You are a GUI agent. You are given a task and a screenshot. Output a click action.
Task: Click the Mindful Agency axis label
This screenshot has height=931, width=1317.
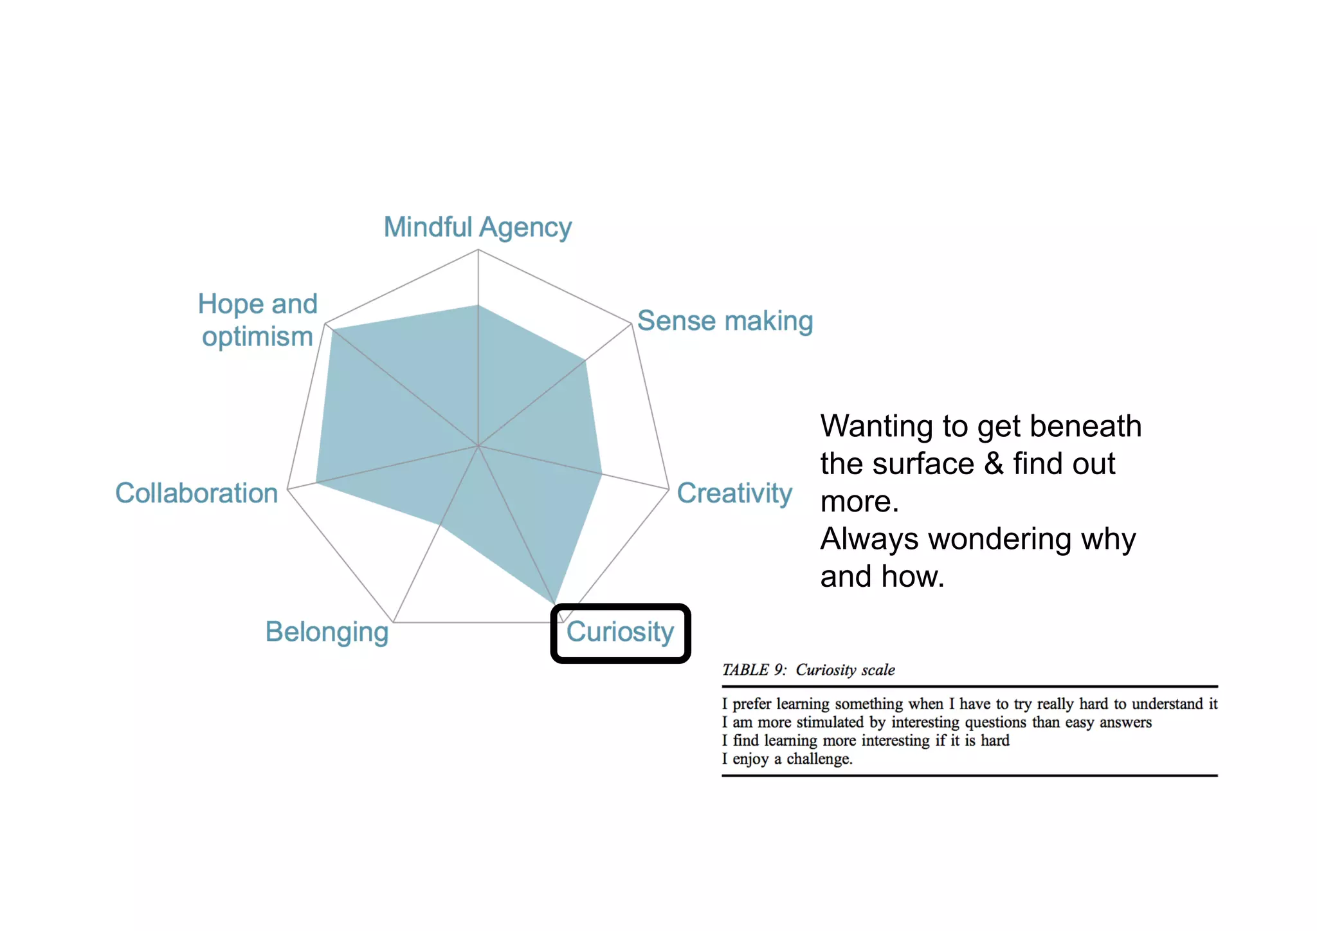[x=477, y=227]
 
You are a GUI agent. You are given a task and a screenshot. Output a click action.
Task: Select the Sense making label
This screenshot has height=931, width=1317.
[x=725, y=320]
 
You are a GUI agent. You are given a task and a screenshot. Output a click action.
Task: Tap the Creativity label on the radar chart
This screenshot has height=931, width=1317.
[x=734, y=493]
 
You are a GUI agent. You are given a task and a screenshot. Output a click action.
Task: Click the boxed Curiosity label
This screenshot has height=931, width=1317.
[x=620, y=632]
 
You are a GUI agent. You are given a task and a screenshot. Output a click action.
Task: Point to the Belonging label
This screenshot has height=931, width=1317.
[x=327, y=632]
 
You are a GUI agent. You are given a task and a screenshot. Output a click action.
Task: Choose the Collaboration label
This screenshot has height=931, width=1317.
[x=196, y=493]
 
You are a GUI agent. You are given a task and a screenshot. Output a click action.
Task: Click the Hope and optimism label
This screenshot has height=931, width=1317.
[x=257, y=320]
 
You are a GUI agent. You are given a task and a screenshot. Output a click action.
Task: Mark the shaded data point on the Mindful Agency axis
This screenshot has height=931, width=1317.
[x=478, y=306]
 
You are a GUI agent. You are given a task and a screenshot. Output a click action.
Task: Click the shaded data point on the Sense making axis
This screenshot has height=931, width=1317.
[x=586, y=361]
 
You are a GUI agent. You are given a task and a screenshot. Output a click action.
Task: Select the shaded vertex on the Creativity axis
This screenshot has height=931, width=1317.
[x=601, y=475]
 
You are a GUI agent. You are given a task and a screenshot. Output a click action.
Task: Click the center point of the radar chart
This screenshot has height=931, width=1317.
[x=478, y=445]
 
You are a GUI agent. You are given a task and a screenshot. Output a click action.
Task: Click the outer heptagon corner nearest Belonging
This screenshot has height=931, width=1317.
[x=394, y=622]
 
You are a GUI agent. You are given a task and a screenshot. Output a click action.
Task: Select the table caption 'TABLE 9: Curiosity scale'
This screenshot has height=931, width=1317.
[x=808, y=670]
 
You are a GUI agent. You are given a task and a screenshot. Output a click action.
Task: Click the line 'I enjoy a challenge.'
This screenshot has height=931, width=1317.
[x=787, y=759]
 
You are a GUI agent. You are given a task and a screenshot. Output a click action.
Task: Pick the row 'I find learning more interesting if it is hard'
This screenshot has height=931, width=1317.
[x=866, y=741]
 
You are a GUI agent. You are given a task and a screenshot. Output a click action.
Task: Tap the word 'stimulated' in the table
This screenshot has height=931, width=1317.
[x=830, y=723]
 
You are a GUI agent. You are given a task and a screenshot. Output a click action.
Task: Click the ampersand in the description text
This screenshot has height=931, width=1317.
[x=994, y=464]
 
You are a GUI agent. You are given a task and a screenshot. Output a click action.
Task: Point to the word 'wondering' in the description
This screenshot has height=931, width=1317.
[x=995, y=539]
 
